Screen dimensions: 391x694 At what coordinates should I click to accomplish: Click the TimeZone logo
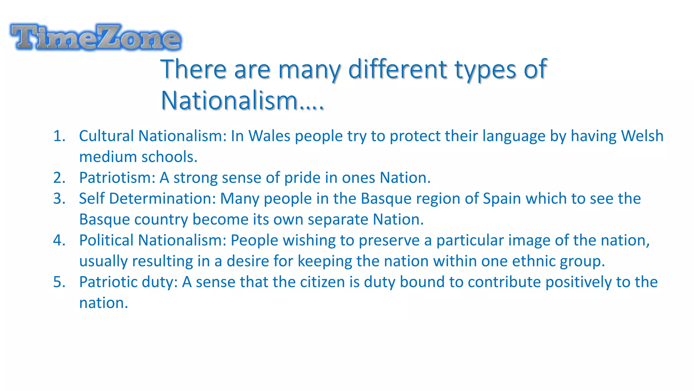tap(96, 37)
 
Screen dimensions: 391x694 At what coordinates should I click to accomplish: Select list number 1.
tap(59, 136)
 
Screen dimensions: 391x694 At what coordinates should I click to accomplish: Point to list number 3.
tap(59, 199)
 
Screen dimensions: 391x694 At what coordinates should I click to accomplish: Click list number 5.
tap(59, 282)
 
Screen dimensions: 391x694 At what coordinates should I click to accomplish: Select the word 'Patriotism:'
tap(117, 178)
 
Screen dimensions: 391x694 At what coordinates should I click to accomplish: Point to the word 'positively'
tap(578, 282)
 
